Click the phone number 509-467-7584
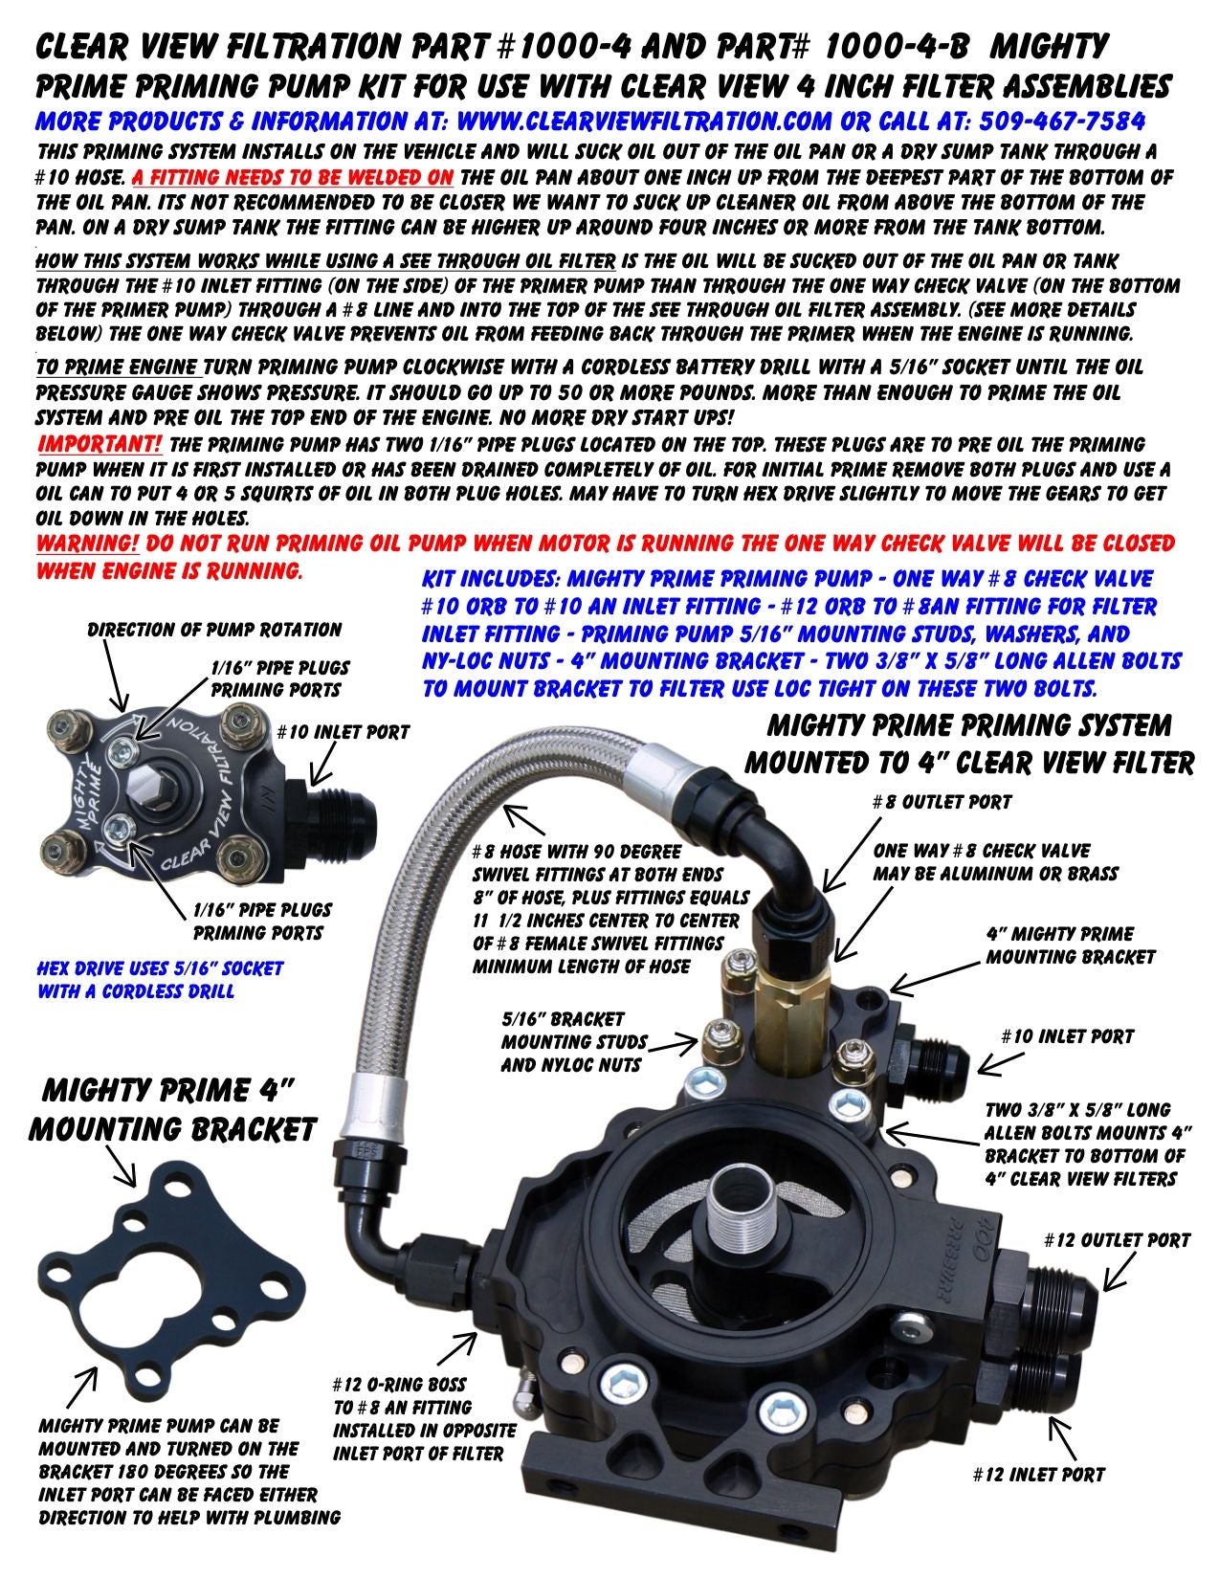pyautogui.click(x=1062, y=121)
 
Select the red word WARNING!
pyautogui.click(x=87, y=543)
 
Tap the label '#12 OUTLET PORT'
pyautogui.click(x=1117, y=1239)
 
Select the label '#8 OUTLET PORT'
pyautogui.click(x=942, y=802)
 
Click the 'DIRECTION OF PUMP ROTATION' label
pyautogui.click(x=214, y=629)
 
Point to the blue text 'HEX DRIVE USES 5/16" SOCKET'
pyautogui.click(x=160, y=968)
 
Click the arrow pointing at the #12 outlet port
pyautogui.click(x=1121, y=1273)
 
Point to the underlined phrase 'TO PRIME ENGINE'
pyautogui.click(x=119, y=367)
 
